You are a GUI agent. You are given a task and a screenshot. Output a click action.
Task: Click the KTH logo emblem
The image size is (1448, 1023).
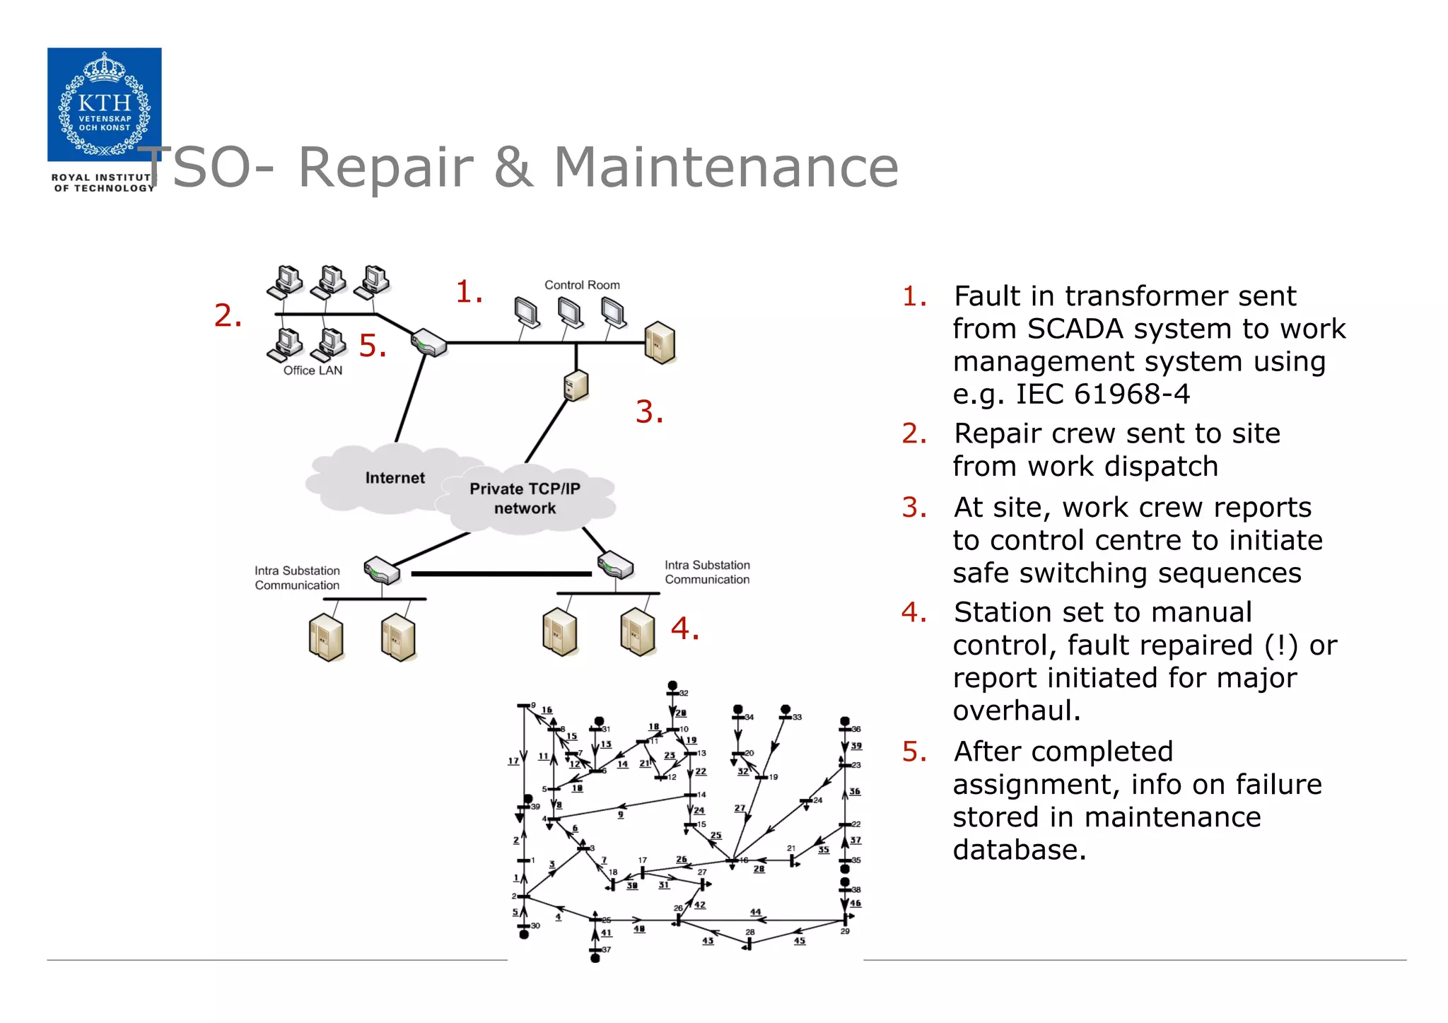click(x=104, y=104)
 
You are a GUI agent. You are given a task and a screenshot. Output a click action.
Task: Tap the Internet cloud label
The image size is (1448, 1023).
click(x=395, y=478)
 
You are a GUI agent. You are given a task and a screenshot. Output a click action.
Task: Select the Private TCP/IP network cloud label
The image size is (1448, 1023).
click(x=525, y=498)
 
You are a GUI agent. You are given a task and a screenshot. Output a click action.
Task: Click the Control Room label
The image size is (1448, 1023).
click(x=581, y=285)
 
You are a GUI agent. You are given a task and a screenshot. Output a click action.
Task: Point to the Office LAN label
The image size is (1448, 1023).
click(x=313, y=370)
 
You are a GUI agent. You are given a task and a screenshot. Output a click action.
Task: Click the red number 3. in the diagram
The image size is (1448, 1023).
click(x=649, y=411)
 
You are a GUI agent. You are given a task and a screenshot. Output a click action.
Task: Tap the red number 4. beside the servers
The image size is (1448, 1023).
click(x=684, y=628)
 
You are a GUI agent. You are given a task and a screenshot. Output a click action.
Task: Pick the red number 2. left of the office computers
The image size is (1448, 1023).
click(x=228, y=315)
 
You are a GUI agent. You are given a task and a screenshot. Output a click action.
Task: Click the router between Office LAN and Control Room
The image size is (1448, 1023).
click(x=429, y=342)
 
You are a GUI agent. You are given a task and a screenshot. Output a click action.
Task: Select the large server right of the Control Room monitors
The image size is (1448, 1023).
click(x=660, y=343)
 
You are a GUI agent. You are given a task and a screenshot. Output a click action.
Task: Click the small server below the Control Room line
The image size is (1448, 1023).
click(x=576, y=385)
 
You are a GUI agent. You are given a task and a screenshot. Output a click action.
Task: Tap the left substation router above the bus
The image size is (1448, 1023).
click(x=382, y=570)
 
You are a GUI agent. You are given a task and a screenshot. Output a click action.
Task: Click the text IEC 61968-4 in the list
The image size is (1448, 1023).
click(x=1102, y=394)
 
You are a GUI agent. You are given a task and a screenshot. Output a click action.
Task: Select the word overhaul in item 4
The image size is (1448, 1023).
click(x=1016, y=711)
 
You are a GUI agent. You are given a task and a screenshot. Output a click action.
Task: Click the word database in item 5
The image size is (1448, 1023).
click(x=1018, y=850)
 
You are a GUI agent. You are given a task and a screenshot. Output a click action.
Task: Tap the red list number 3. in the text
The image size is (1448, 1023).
click(x=913, y=508)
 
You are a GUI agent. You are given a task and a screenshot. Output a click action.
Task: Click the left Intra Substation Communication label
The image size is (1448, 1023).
click(x=297, y=578)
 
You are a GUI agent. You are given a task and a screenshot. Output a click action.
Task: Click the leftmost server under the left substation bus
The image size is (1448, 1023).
click(x=326, y=638)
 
